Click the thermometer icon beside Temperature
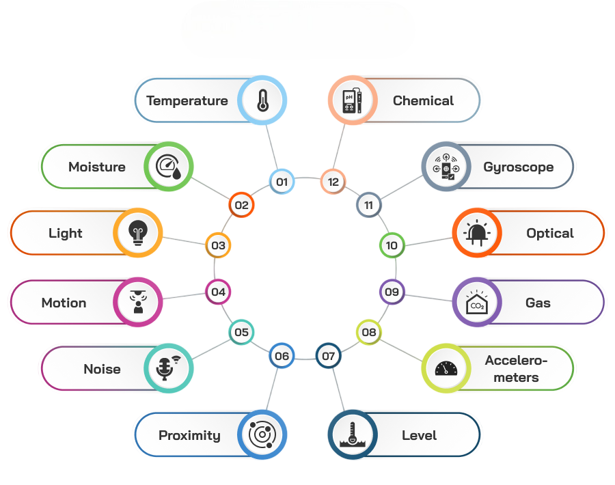click(262, 100)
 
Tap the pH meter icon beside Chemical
click(350, 100)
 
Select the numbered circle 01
click(282, 182)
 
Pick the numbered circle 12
click(333, 182)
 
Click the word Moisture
click(97, 167)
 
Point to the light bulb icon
click(138, 233)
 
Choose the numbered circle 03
click(218, 245)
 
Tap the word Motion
click(64, 303)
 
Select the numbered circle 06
click(282, 356)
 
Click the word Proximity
click(189, 435)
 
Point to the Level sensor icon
click(353, 435)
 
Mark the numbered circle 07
click(329, 356)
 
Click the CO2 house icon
click(477, 303)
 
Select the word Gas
click(538, 303)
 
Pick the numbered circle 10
click(392, 245)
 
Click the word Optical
click(549, 233)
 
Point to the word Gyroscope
click(518, 167)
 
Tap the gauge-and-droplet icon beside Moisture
click(169, 167)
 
